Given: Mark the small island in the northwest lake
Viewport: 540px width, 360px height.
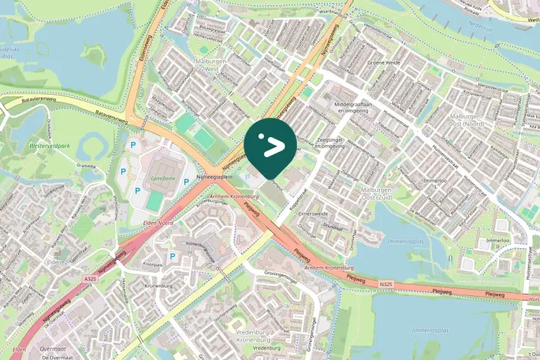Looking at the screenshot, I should coord(97,56).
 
